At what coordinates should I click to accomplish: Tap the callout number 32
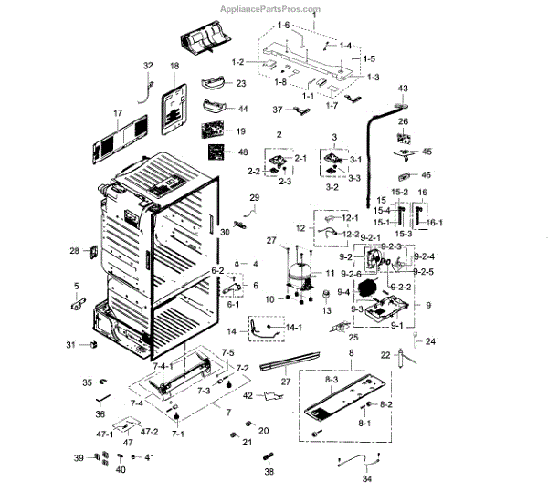[x=148, y=65]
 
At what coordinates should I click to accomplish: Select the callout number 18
[x=174, y=67]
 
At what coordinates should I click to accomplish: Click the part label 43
[x=401, y=88]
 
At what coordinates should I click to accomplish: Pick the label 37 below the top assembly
[x=277, y=110]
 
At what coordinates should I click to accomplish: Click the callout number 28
[x=75, y=250]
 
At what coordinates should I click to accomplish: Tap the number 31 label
[x=70, y=344]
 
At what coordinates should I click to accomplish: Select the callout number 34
[x=367, y=477]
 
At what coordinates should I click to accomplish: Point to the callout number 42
[x=248, y=395]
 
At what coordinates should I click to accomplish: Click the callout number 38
[x=269, y=473]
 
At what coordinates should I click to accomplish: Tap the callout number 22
[x=385, y=355]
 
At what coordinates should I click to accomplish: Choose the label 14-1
[x=294, y=327]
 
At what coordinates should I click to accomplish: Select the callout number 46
[x=425, y=174]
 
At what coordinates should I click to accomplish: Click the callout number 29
[x=254, y=198]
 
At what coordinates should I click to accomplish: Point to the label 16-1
[x=435, y=223]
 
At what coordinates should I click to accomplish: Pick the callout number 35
[x=88, y=382]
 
